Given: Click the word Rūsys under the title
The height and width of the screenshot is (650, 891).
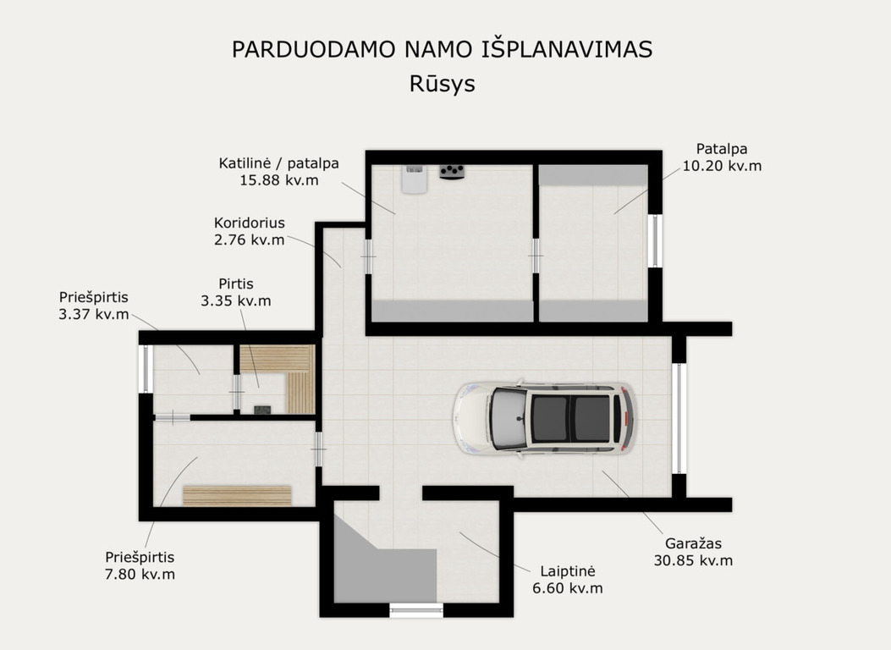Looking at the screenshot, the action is tap(442, 84).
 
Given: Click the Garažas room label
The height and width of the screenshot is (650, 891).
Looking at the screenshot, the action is tap(693, 543).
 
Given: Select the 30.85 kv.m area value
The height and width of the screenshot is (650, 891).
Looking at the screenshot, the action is tap(693, 560).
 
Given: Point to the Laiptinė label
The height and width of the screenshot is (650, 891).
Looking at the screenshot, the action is tap(567, 571).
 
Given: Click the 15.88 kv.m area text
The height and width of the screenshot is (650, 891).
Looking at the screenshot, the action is tap(279, 180).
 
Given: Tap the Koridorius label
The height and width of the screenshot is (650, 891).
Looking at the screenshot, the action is tap(250, 223).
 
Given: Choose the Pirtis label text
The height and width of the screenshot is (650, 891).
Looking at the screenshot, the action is tap(236, 284).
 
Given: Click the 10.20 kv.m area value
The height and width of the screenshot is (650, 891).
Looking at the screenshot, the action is tap(722, 166).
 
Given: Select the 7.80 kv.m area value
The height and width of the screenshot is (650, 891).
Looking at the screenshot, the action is tap(140, 574).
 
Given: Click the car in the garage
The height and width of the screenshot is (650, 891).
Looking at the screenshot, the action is tap(543, 417).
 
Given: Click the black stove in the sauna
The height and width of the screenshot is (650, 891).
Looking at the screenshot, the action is tap(261, 410).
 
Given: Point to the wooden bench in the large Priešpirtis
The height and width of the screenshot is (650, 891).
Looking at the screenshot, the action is tap(237, 495).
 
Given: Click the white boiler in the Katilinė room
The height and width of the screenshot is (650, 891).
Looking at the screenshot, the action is tap(415, 179).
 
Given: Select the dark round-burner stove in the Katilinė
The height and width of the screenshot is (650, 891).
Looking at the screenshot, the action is tap(453, 172).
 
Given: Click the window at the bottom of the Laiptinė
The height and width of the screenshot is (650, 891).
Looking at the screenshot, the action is tap(416, 611).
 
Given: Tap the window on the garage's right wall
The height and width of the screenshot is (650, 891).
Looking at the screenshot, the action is tap(679, 419).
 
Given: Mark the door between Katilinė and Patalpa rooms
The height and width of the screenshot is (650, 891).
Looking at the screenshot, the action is tap(536, 256).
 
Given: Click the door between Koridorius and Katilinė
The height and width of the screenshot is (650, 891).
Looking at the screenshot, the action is tap(368, 256).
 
